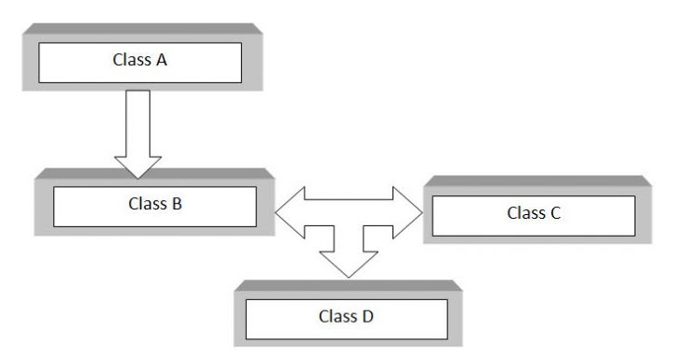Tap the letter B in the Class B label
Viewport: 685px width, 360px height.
point(177,201)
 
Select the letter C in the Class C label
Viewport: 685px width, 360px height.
point(555,212)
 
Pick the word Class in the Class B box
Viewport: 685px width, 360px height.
point(148,201)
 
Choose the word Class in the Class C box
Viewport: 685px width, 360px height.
point(526,212)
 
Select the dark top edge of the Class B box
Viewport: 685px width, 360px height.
point(153,173)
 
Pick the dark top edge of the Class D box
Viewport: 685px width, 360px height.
point(348,283)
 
